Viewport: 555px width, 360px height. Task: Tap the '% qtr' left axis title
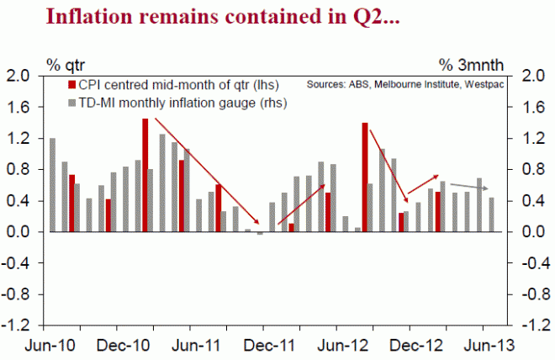pyautogui.click(x=66, y=63)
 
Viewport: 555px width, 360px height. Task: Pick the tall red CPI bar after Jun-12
pyautogui.click(x=365, y=177)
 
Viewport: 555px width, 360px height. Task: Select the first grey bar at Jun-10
pyautogui.click(x=53, y=185)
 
